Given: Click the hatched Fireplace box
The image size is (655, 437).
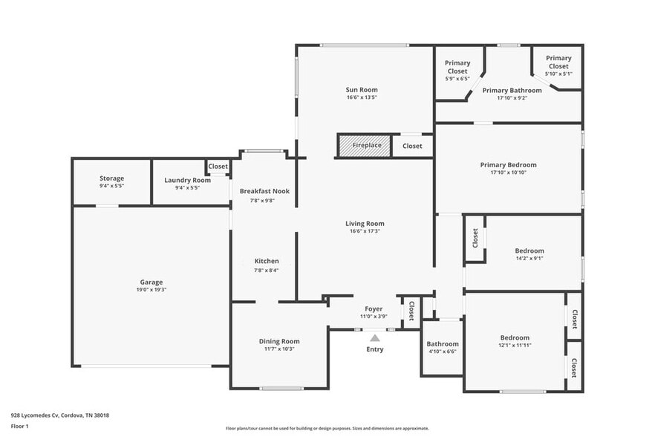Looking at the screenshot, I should [364, 146].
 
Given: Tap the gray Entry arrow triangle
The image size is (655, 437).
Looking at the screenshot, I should [375, 338].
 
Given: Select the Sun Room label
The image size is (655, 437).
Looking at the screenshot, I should [362, 90].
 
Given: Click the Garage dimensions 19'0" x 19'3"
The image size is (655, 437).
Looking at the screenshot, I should [151, 290].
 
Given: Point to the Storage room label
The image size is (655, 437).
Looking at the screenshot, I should [112, 178].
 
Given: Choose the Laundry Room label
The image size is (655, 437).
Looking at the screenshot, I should [187, 180].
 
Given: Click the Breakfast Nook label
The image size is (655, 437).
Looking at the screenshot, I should [264, 191].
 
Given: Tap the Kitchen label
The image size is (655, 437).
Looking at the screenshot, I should [267, 261].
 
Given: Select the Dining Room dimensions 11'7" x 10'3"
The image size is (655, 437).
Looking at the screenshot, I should [279, 349].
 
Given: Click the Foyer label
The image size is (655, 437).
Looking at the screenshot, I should [374, 308].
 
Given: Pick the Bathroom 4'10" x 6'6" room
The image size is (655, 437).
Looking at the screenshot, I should [443, 347].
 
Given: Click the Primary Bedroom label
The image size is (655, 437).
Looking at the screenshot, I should [508, 165].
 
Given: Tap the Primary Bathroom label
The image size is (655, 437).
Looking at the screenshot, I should [512, 91].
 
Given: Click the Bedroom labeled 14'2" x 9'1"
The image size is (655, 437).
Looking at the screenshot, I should [529, 255].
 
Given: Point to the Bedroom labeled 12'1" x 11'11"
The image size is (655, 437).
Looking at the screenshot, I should [515, 341].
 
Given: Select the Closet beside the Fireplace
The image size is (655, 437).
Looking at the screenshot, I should [412, 146].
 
